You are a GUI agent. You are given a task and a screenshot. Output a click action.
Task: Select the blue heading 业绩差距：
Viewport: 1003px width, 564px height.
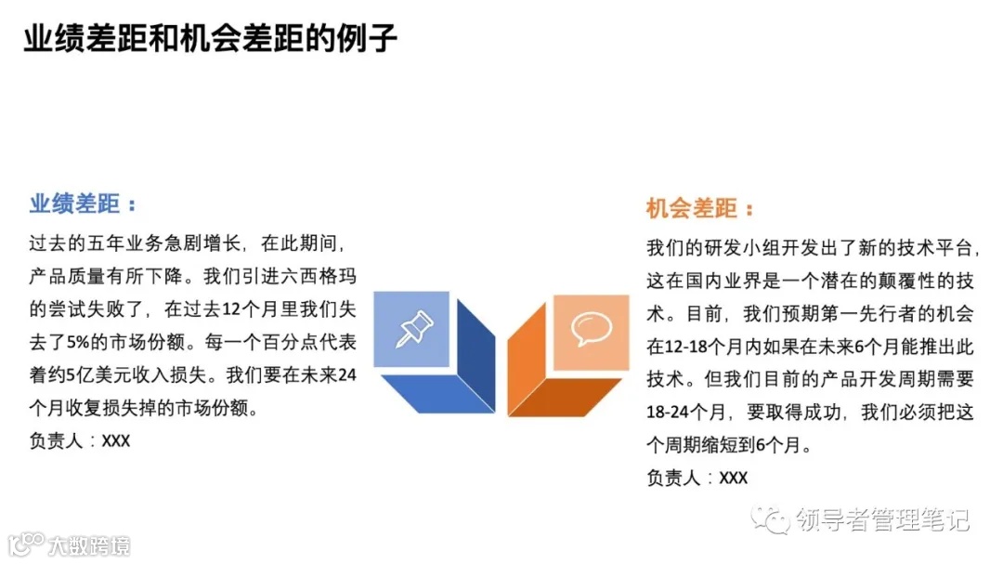tap(83, 203)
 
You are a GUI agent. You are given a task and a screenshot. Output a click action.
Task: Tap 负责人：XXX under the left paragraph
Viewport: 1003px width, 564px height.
tap(80, 440)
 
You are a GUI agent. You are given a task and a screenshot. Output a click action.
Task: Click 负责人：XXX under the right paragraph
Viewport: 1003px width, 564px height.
tap(697, 478)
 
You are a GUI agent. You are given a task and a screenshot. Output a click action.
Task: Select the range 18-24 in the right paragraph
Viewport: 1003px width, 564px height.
tap(670, 412)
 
